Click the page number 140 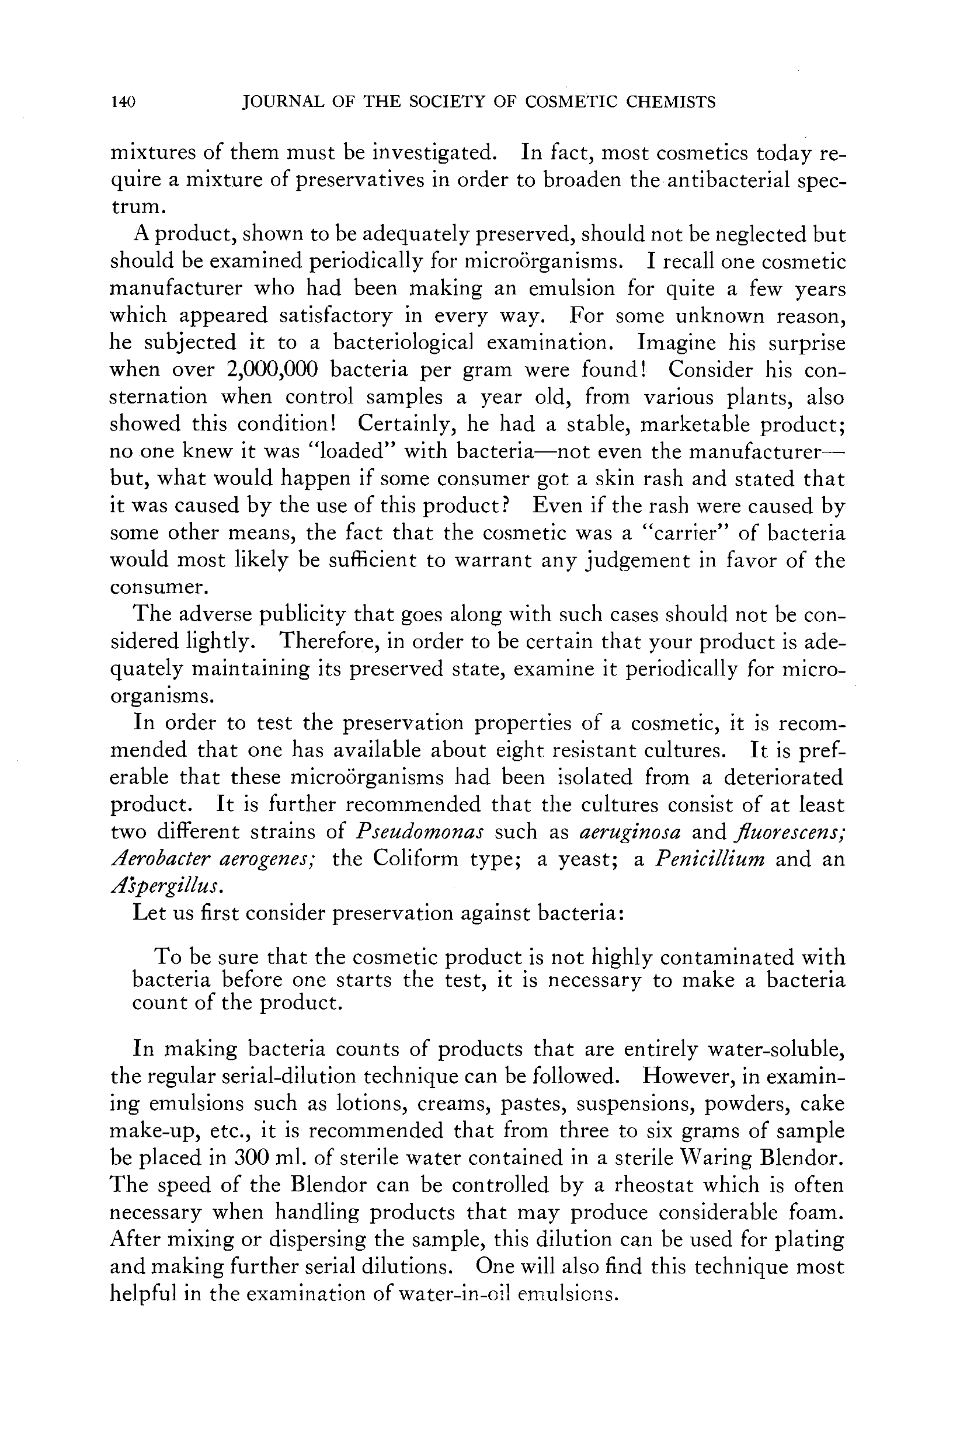[123, 102]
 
